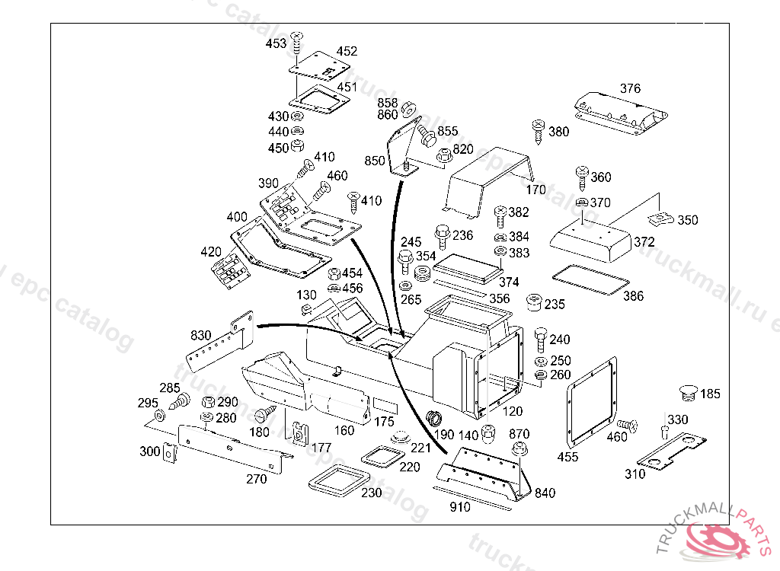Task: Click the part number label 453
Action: pos(276,44)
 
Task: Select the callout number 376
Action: pos(630,88)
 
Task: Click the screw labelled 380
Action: pos(538,129)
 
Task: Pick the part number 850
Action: pos(375,161)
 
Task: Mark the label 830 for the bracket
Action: pos(201,334)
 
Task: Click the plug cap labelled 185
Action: pos(687,394)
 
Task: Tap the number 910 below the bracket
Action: pos(460,507)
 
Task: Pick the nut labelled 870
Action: pos(519,450)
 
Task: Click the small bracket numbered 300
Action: pos(169,453)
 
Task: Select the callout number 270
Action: pos(256,479)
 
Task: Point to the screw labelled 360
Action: pos(582,176)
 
